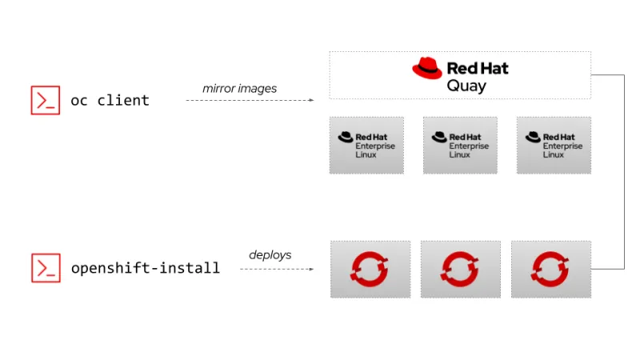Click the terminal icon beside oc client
click(46, 100)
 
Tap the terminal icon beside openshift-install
click(46, 268)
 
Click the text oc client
click(110, 101)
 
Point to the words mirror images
click(239, 89)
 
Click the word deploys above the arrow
click(270, 255)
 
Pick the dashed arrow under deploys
click(277, 269)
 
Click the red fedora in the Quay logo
click(427, 68)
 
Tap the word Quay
click(467, 86)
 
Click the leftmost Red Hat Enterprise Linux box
click(366, 145)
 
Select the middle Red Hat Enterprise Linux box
click(460, 145)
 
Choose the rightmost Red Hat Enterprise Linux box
click(554, 145)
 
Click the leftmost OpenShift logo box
click(370, 269)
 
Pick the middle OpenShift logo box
click(460, 269)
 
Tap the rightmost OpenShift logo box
click(550, 269)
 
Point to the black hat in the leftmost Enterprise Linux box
click(346, 137)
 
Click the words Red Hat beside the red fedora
click(478, 69)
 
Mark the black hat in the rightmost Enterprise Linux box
click(533, 137)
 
